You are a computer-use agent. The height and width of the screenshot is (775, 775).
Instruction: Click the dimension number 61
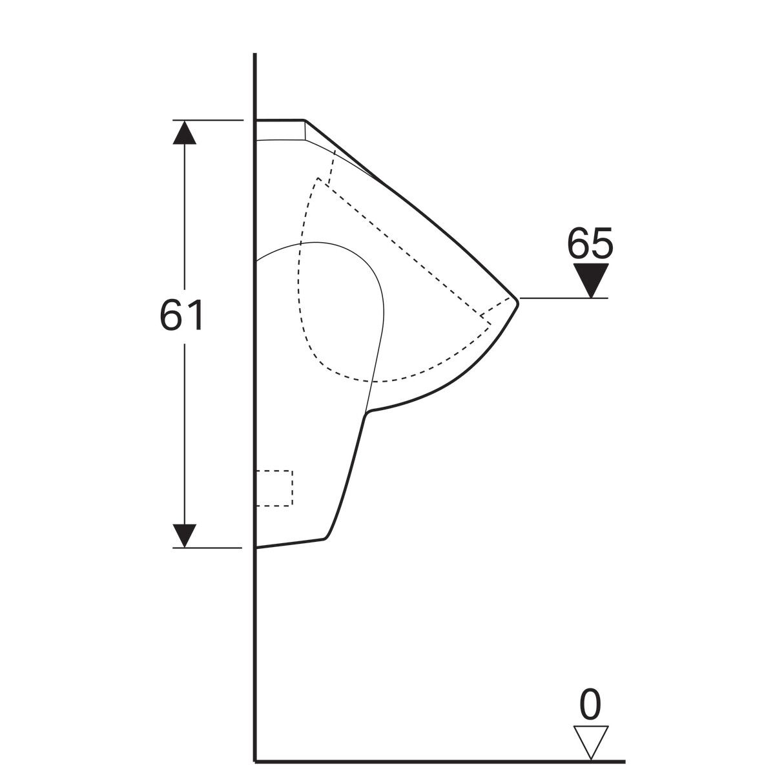click(x=182, y=315)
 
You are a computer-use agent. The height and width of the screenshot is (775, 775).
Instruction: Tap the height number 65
click(x=590, y=243)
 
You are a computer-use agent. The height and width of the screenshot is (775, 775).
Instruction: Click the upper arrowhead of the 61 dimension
click(x=185, y=132)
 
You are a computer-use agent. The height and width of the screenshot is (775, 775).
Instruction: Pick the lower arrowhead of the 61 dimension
click(x=184, y=535)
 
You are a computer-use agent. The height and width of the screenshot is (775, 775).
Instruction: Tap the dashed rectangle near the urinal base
click(x=274, y=488)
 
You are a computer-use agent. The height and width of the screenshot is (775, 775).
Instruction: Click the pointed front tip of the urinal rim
click(x=518, y=303)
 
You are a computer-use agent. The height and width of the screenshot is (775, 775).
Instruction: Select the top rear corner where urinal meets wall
click(x=256, y=120)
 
